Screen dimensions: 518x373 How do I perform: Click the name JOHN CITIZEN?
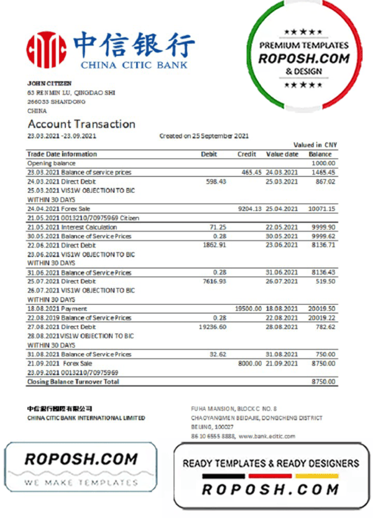[x=49, y=83]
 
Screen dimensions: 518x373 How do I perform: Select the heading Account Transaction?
[x=81, y=124]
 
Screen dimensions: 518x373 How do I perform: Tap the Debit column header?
[x=208, y=154]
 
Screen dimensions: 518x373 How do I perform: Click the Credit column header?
[x=247, y=154]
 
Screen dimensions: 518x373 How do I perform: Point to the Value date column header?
[x=282, y=154]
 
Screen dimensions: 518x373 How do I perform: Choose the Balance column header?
[x=320, y=154]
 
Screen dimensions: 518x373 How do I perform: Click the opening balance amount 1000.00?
[x=323, y=163]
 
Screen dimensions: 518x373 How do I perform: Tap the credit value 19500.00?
[x=247, y=308]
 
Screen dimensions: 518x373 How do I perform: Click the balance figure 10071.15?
[x=321, y=209]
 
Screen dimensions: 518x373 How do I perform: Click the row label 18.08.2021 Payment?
[x=57, y=308]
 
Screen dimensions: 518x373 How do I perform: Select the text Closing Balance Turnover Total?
[x=73, y=381]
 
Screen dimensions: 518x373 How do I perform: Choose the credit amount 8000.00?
[x=249, y=363]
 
